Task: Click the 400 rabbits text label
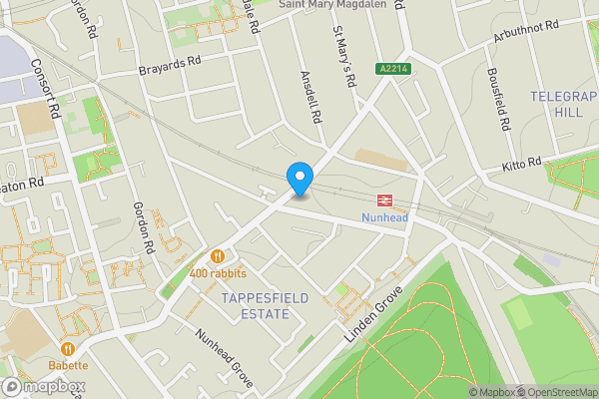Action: pos(218,273)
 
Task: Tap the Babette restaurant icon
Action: pos(68,348)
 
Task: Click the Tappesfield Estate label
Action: pos(251,306)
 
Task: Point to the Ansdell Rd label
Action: pos(310,96)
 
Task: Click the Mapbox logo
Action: pos(41,386)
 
